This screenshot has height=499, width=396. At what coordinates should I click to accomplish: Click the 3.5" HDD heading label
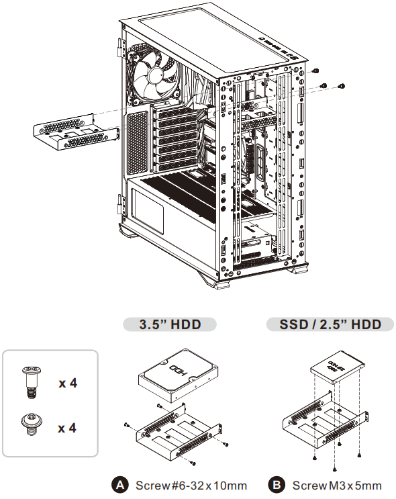169,324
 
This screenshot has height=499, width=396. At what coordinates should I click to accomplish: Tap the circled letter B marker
277,485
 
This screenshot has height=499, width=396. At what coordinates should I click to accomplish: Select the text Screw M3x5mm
337,485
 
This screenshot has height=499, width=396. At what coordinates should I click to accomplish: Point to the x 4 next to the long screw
67,384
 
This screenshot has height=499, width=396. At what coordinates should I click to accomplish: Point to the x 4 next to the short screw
67,427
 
